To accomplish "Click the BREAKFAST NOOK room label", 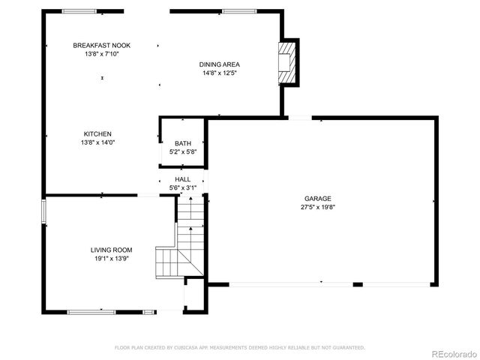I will [x=101, y=46].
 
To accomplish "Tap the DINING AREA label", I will [x=220, y=64].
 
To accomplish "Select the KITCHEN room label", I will [x=97, y=133].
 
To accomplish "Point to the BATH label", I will [x=183, y=143].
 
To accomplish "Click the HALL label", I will [x=183, y=179].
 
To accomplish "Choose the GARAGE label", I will [x=318, y=198].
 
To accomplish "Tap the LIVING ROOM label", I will [x=112, y=250].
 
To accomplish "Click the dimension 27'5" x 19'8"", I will [x=318, y=207].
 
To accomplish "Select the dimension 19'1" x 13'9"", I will [x=112, y=259].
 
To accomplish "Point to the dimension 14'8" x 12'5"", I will [x=220, y=73].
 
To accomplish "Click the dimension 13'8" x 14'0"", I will [x=97, y=142].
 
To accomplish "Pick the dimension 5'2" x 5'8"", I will [x=183, y=152].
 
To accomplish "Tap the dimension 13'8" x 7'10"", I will [x=101, y=54].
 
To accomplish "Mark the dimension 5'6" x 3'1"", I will [x=183, y=188].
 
